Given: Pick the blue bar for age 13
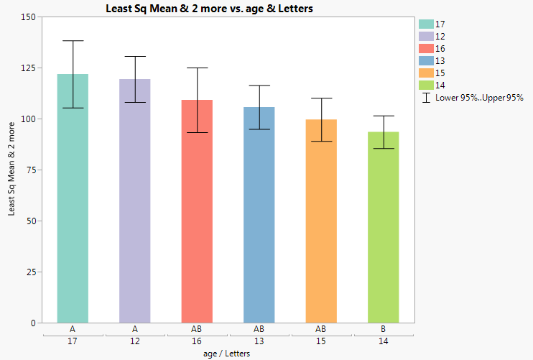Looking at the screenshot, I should pyautogui.click(x=259, y=216).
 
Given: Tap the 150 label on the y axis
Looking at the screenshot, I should pyautogui.click(x=26, y=17).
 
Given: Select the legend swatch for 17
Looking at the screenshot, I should pyautogui.click(x=425, y=24).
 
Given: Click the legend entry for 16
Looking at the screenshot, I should pyautogui.click(x=440, y=48).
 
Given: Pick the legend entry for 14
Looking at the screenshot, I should pyautogui.click(x=440, y=85).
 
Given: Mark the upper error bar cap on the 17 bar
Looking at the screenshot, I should pyautogui.click(x=73, y=41).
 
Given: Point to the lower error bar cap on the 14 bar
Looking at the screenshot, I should pyautogui.click(x=383, y=148).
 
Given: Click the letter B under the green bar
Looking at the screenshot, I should pyautogui.click(x=383, y=328).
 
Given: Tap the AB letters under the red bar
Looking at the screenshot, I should pyautogui.click(x=197, y=328).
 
